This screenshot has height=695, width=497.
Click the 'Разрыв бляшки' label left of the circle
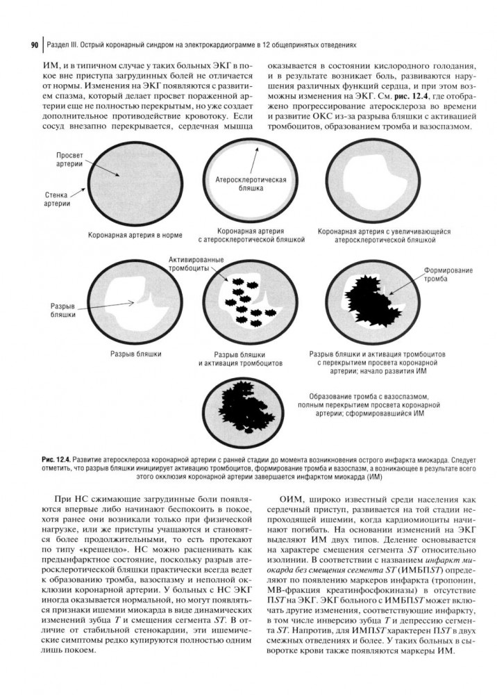click(62, 310)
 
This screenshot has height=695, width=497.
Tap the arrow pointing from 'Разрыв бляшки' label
click(115, 304)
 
